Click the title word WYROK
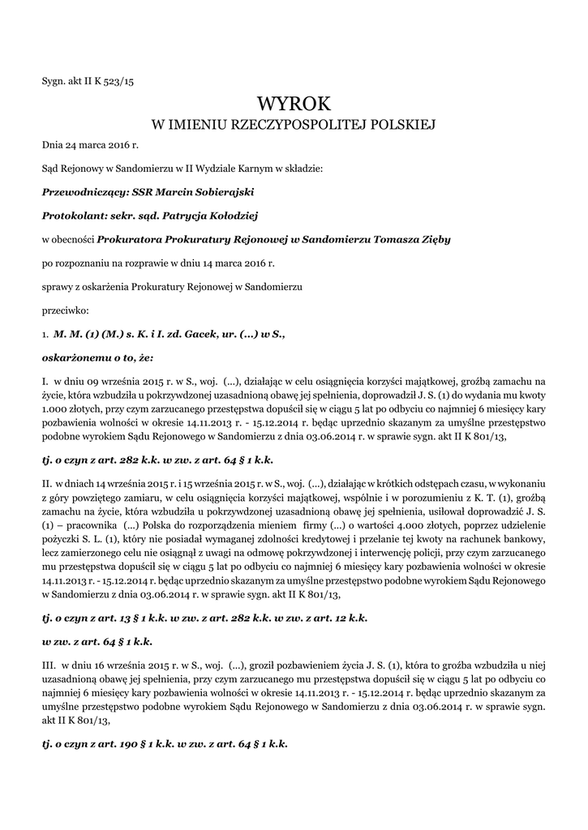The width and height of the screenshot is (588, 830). pos(294,103)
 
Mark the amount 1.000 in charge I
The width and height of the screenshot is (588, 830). pos(57,409)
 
